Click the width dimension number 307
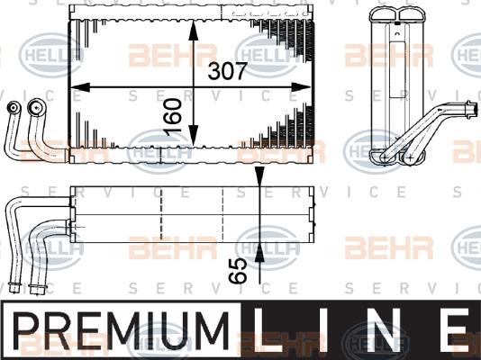click(227, 71)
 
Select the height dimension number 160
click(173, 117)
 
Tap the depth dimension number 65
click(238, 270)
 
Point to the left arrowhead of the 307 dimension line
click(80, 87)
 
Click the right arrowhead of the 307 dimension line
click(301, 87)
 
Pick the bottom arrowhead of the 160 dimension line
click(194, 136)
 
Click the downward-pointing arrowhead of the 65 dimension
click(259, 176)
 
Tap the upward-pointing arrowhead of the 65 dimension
click(259, 253)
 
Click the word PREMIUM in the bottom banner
click(121, 330)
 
